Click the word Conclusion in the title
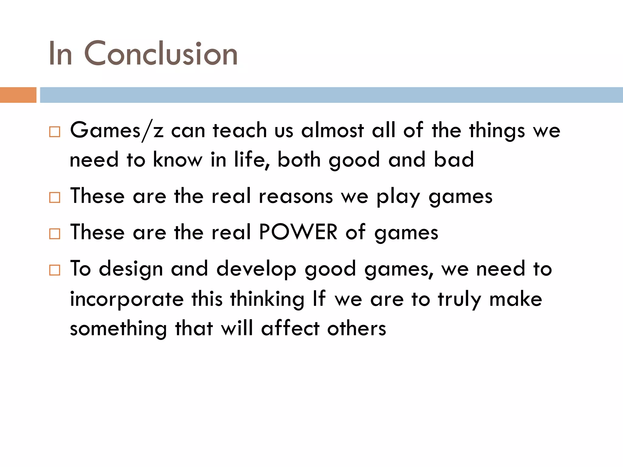(x=161, y=54)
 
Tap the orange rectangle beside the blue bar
(x=18, y=95)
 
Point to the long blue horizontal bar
(x=331, y=95)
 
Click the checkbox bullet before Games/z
(x=55, y=132)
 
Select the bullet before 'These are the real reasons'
(x=55, y=198)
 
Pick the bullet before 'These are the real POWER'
(x=55, y=234)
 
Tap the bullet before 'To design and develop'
(x=55, y=270)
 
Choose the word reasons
(x=296, y=196)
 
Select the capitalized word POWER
(x=298, y=232)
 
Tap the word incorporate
(x=127, y=299)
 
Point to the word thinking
(x=267, y=299)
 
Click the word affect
(x=290, y=328)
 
